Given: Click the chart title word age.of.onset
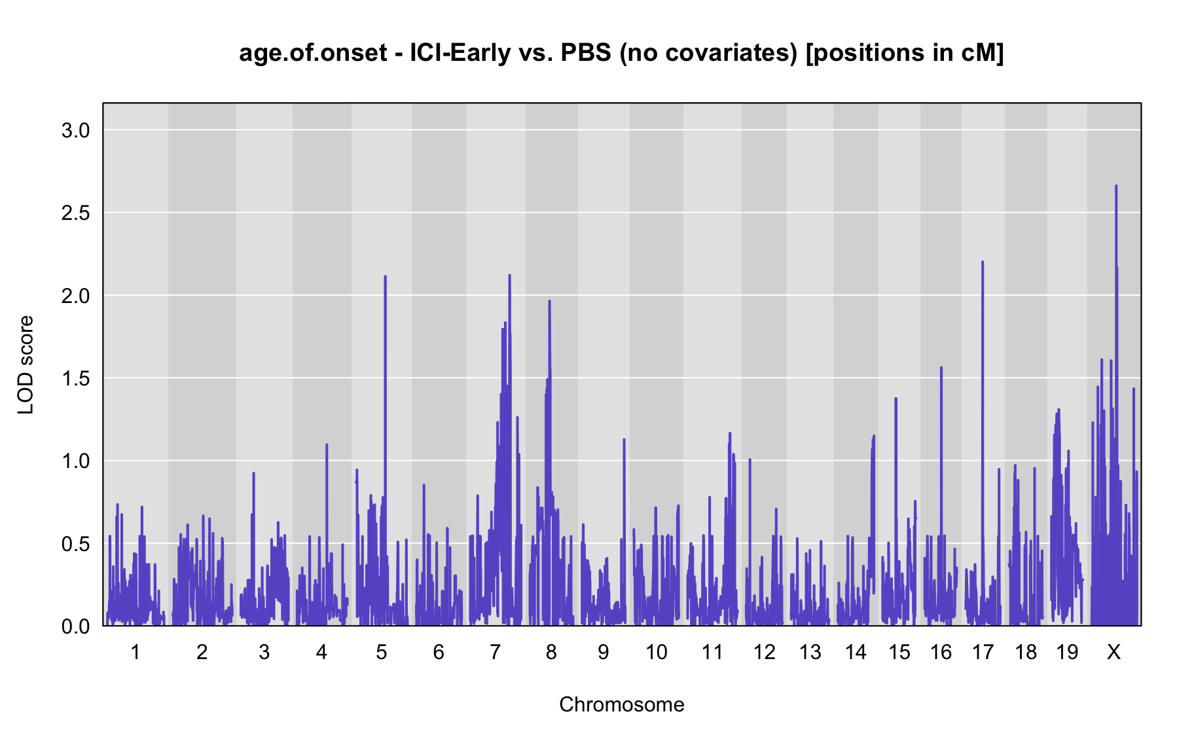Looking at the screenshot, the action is click(313, 53).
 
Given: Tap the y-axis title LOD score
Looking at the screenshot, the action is click(26, 365).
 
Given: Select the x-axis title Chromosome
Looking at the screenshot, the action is click(622, 704).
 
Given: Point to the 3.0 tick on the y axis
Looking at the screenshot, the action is click(75, 130).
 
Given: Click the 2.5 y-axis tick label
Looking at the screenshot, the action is click(75, 213).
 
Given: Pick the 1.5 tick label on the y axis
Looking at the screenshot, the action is click(75, 378).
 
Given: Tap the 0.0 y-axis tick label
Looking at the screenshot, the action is click(75, 626).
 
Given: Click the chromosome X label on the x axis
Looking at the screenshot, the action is click(1113, 652).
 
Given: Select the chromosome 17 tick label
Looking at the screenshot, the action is click(983, 652).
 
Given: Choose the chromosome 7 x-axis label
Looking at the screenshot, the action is click(495, 652).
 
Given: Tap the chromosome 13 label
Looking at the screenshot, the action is click(810, 652).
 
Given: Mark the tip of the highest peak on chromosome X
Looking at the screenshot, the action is click(1116, 186).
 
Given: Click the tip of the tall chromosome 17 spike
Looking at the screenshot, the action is click(983, 262).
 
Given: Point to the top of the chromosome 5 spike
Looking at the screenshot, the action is click(385, 276).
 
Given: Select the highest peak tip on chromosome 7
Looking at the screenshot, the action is click(509, 276).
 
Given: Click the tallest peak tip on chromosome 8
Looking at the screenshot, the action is click(549, 301).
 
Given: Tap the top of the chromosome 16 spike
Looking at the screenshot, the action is click(941, 368).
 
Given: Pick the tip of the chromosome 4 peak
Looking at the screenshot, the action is click(327, 444).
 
